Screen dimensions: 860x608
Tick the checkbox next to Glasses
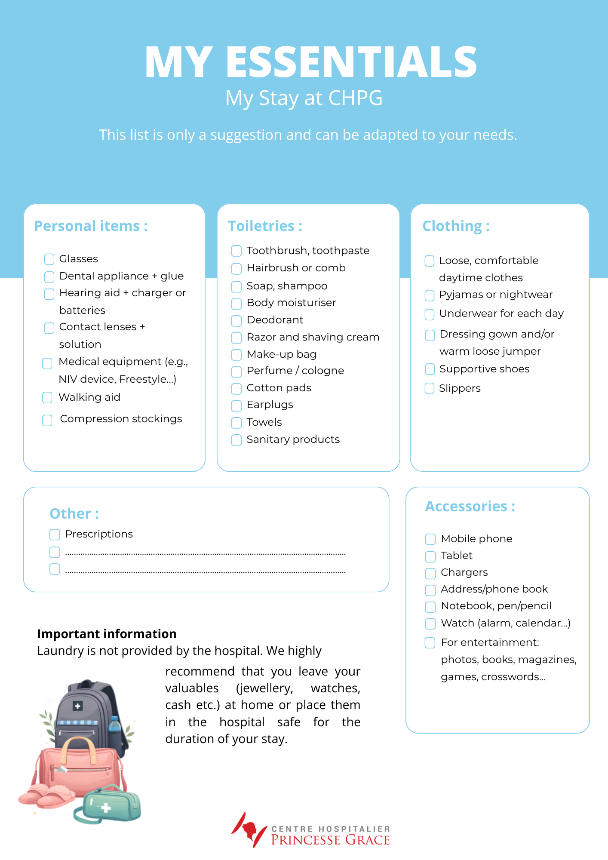[49, 259]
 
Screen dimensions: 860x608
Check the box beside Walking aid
[47, 397]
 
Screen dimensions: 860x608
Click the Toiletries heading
[265, 226]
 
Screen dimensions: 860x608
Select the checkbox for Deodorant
[236, 321]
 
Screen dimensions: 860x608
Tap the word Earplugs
[270, 405]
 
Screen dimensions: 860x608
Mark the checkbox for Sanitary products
[236, 440]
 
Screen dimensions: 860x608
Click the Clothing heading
[456, 226]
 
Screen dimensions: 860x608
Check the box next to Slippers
[430, 389]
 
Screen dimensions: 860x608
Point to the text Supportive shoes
[484, 369]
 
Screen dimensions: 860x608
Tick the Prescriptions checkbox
[55, 534]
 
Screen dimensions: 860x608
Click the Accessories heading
[470, 507]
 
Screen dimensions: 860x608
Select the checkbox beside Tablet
[430, 556]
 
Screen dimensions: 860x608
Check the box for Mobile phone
[430, 539]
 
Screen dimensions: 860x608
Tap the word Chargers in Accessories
[464, 572]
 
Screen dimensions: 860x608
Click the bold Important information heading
[107, 634]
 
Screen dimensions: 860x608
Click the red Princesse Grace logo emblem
[249, 829]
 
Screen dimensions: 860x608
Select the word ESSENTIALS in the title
[351, 62]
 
